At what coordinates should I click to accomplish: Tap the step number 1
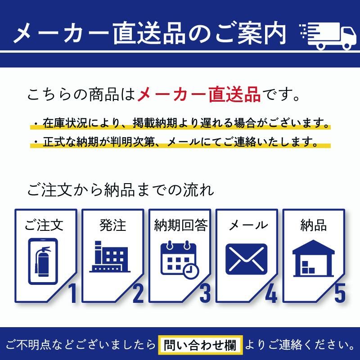point(72,293)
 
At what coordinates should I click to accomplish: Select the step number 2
point(138,293)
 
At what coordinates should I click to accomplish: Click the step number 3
point(205,293)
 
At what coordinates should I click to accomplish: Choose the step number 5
point(340,293)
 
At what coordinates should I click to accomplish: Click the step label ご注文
point(44,225)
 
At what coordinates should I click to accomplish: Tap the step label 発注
point(112,225)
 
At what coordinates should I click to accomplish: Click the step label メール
point(247,225)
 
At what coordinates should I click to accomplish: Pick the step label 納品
point(313,225)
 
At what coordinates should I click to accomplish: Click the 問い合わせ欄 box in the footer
point(201,345)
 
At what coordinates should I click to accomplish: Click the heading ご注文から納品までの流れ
point(120,189)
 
